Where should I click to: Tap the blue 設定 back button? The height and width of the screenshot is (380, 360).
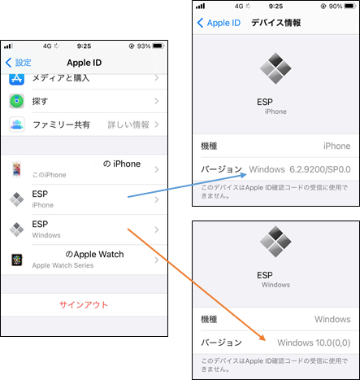[19, 63]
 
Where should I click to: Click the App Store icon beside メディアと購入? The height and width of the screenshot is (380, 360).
[16, 79]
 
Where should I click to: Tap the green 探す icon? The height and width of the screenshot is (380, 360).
[16, 101]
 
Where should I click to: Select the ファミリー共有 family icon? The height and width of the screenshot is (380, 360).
[17, 124]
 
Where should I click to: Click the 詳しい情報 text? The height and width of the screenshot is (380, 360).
[128, 124]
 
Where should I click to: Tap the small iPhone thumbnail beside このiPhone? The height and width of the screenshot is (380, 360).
[16, 169]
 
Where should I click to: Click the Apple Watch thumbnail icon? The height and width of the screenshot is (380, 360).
[17, 260]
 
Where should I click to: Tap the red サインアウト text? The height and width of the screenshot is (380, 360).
[84, 305]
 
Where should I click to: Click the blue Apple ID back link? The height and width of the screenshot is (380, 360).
[219, 23]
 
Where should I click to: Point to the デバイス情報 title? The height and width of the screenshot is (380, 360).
[276, 23]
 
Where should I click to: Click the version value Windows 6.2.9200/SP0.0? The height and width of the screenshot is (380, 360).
[300, 169]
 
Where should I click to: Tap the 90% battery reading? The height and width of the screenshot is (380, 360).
[336, 7]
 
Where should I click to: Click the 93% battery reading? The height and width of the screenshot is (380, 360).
[144, 46]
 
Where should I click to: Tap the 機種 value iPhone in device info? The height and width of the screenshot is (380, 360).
[336, 146]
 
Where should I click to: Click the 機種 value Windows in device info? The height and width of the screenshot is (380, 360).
[332, 319]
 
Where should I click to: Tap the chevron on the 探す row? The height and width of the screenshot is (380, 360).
[157, 101]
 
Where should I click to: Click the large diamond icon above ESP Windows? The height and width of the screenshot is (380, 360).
[275, 242]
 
